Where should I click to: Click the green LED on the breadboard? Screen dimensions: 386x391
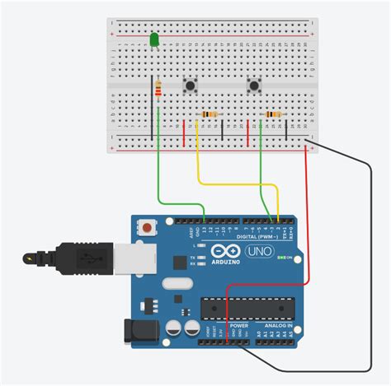[154, 40]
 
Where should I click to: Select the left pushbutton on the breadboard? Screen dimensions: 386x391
[191, 85]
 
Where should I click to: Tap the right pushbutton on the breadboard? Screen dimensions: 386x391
[253, 85]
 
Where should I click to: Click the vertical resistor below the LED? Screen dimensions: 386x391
[158, 90]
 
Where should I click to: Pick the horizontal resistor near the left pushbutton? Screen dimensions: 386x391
[211, 114]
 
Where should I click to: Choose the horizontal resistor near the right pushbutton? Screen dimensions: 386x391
[272, 114]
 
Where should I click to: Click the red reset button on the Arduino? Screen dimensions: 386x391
[147, 226]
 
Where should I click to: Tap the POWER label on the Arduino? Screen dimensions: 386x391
[238, 325]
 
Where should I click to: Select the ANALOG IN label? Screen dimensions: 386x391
[277, 325]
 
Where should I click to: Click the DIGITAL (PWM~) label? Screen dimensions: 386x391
[252, 235]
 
